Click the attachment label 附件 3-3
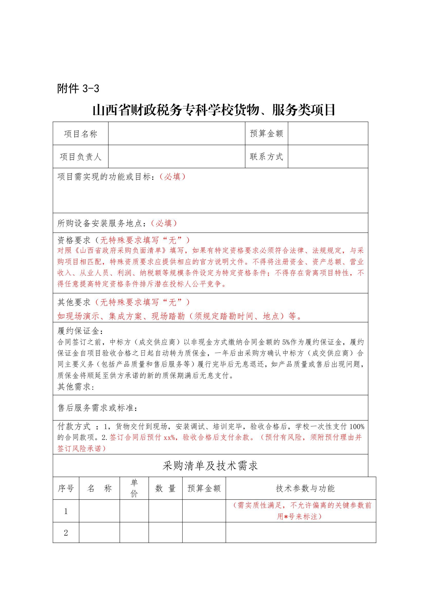(78, 89)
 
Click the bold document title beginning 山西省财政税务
(214, 110)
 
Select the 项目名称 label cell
(81, 134)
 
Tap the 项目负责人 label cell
(81, 157)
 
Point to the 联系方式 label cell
(266, 157)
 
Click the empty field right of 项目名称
(177, 134)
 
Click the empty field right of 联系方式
(328, 157)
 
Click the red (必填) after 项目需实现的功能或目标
(172, 177)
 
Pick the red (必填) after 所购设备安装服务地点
(164, 223)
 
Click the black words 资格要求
(74, 240)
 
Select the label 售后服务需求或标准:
(97, 408)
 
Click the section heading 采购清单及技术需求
(210, 466)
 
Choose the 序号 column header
(66, 488)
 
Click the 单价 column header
(134, 488)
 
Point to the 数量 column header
(165, 488)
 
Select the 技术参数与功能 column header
(305, 488)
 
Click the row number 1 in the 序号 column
(66, 511)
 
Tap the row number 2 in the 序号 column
(66, 533)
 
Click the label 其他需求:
(76, 387)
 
